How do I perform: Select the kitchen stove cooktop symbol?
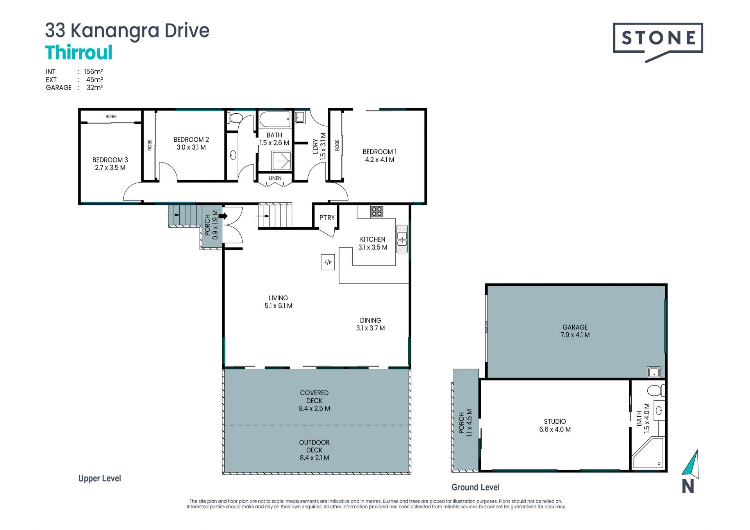click(377, 212)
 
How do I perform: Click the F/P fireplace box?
click(328, 262)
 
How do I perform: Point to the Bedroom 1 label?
click(380, 155)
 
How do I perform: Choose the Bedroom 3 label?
click(110, 164)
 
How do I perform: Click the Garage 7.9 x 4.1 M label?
click(575, 331)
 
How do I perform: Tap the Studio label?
click(555, 421)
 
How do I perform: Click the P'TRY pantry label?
click(327, 218)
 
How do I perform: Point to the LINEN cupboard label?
click(275, 178)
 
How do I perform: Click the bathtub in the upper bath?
click(275, 119)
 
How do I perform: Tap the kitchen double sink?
click(402, 239)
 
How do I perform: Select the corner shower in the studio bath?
click(648, 453)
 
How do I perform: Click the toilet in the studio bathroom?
click(655, 390)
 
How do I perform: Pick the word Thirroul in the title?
click(79, 53)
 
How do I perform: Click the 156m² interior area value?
click(93, 71)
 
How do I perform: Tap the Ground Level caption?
click(475, 487)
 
